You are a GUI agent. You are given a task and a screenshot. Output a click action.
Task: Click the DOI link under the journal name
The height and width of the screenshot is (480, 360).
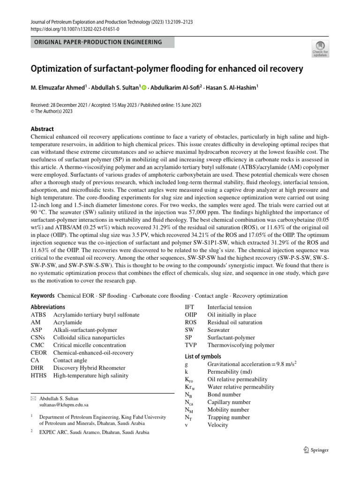[75, 29]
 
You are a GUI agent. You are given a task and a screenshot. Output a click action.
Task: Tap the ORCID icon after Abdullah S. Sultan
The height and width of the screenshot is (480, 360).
[144, 87]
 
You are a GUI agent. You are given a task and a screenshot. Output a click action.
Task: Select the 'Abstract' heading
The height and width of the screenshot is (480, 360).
[42, 129]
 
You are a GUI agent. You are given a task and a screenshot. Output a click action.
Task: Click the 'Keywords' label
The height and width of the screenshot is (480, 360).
[43, 296]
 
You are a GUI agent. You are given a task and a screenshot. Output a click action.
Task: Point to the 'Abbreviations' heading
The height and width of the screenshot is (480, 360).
[48, 307]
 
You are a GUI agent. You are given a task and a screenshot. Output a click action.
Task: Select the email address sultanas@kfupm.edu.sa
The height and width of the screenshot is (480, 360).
[64, 404]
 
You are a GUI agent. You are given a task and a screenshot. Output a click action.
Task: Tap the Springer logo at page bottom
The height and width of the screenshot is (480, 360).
[316, 450]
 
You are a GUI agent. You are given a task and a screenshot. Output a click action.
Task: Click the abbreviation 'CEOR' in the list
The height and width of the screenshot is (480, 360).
[39, 352]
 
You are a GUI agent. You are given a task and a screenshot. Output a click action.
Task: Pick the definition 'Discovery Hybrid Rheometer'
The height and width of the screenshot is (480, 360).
[90, 367]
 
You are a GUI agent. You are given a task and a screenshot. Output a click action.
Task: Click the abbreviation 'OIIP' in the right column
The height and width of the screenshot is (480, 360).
[191, 315]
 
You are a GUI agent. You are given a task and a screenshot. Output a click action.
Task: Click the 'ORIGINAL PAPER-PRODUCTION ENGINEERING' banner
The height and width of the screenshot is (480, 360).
[103, 42]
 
